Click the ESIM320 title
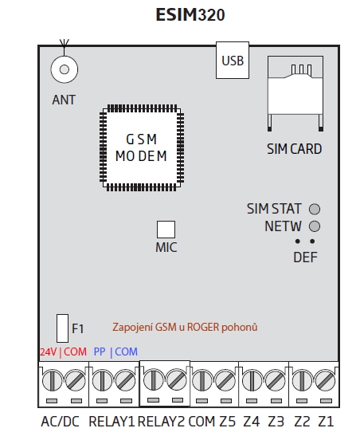click(190, 14)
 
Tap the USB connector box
click(233, 61)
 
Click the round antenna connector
click(65, 69)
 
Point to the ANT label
click(64, 100)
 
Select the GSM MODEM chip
click(142, 148)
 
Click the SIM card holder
click(295, 93)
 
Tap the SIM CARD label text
click(295, 149)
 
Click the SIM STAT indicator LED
click(315, 209)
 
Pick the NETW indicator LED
click(315, 226)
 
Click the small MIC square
click(166, 230)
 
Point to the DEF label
click(305, 257)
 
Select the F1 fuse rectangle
click(62, 328)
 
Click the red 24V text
click(48, 352)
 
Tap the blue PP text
click(100, 352)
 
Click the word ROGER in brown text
click(203, 328)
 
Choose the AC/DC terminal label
click(61, 422)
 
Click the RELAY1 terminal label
click(112, 422)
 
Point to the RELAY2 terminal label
click(162, 422)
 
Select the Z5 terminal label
click(228, 422)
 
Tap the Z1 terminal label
click(326, 422)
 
